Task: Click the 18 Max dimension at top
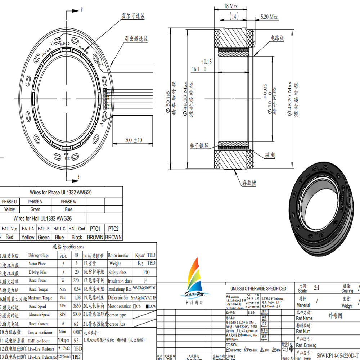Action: coord(231,6)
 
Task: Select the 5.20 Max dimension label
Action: coord(269,17)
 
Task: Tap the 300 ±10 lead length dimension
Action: coord(133,140)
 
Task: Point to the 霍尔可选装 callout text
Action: coord(133,17)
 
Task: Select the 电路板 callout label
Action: coord(277,37)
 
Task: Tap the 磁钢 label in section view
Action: coord(270,155)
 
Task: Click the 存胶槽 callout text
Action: coord(249,183)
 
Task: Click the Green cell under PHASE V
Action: coord(35,209)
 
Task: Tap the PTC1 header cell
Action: coord(94,229)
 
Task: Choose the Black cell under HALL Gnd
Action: coord(77,237)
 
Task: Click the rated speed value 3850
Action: coord(76,306)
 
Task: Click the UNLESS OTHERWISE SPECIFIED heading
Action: coord(258,288)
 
